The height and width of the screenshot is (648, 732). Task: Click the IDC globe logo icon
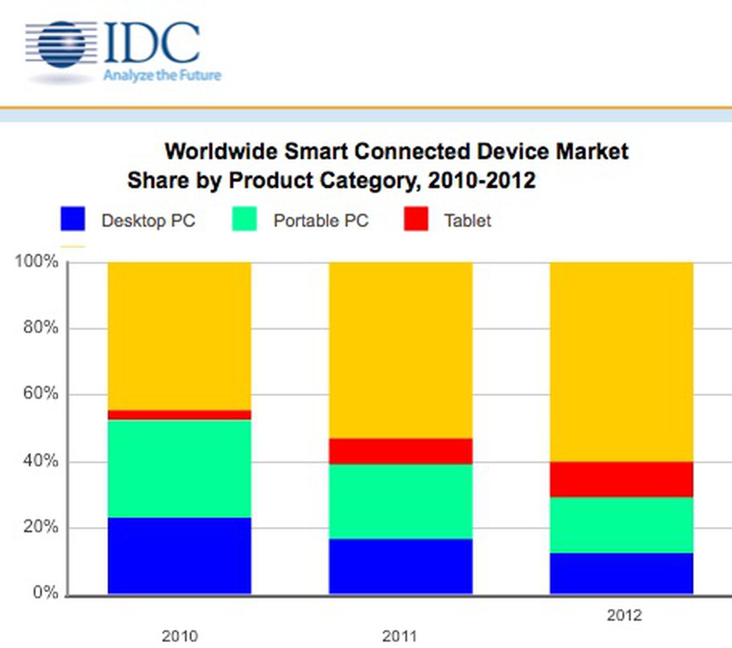61,44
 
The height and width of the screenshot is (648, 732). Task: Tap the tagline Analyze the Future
162,75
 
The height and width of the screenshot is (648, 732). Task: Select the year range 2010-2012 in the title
481,180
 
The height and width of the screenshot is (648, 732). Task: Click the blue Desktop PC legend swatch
73,219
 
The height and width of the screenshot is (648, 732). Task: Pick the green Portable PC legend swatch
244,219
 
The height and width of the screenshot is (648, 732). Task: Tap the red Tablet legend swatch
416,219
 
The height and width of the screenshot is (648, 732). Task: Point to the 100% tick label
37,262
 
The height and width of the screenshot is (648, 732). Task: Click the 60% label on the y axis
40,393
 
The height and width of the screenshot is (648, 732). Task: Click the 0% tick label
45,593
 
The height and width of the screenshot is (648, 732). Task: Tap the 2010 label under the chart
180,636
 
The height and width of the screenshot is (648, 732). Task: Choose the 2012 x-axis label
624,616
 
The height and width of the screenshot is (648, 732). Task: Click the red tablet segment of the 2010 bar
179,415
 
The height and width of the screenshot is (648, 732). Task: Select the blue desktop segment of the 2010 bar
179,556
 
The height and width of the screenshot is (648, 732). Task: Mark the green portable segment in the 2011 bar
400,502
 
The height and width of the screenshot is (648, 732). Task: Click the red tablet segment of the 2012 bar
621,479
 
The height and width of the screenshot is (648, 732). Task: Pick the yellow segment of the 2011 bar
400,350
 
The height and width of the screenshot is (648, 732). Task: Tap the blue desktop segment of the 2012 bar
621,573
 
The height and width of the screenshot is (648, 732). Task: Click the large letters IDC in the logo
152,43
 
